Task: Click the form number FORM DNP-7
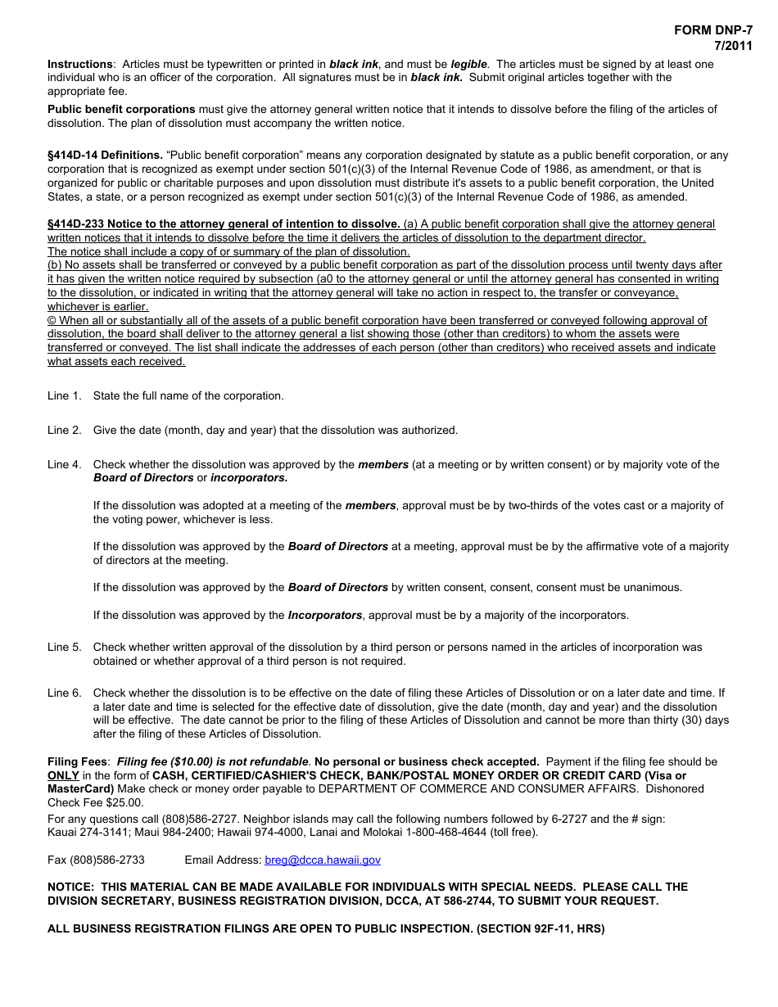click(712, 30)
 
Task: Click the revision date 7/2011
click(733, 46)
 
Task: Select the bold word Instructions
click(80, 64)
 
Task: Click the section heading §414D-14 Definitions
click(105, 155)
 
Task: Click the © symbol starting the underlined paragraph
click(52, 320)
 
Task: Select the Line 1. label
click(65, 395)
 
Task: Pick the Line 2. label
click(65, 430)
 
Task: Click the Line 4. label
click(65, 464)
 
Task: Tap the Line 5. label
click(65, 647)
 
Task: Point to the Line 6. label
click(65, 693)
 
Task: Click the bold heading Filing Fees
click(79, 761)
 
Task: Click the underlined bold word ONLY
click(63, 775)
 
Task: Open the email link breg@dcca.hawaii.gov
click(323, 860)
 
